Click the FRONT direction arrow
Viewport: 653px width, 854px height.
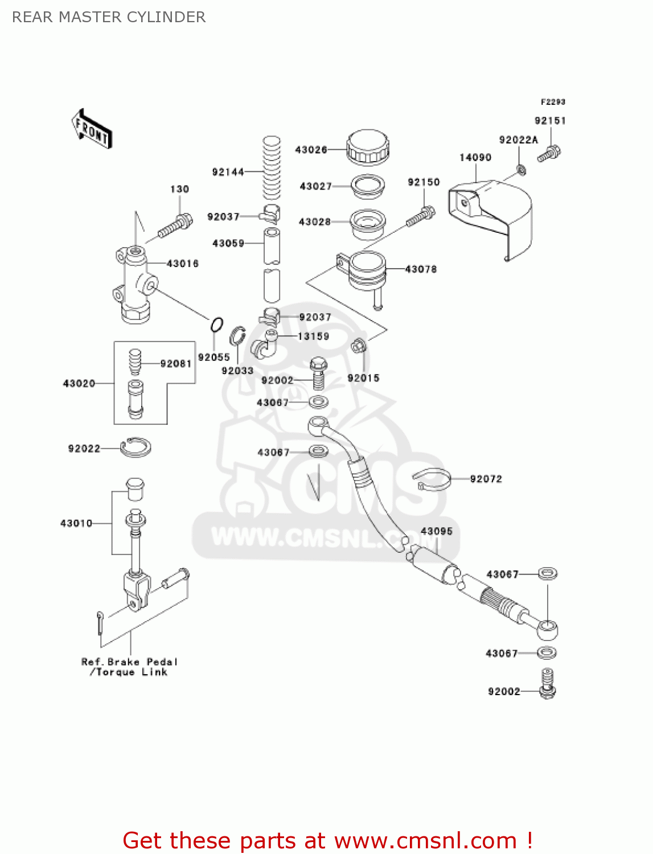92,129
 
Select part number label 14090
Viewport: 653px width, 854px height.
475,158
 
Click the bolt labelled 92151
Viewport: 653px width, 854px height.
549,153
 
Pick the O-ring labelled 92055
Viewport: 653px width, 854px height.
216,325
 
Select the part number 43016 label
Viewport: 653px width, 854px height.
183,264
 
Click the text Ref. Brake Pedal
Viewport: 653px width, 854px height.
129,662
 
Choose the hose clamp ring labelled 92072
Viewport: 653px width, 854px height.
432,479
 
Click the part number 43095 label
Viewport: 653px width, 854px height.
437,531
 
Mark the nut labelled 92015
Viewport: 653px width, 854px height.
358,345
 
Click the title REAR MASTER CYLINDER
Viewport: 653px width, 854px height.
109,17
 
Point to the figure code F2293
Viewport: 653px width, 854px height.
553,102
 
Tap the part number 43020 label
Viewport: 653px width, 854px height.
79,384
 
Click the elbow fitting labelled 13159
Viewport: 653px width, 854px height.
265,344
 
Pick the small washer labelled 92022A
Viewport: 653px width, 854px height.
521,169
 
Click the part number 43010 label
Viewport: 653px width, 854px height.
76,523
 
